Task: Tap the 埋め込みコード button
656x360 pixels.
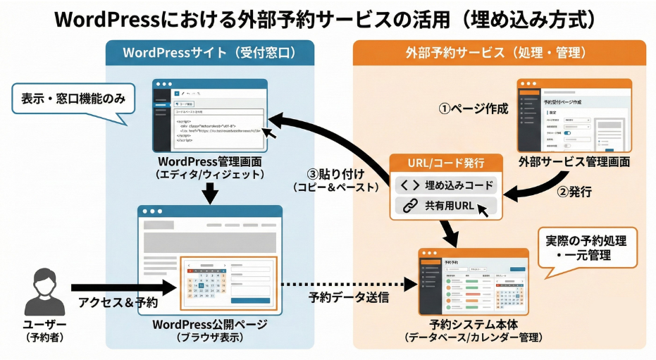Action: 445,185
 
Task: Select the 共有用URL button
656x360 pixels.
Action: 445,206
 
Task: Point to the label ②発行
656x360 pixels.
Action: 576,192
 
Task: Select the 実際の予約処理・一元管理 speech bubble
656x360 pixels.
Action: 587,247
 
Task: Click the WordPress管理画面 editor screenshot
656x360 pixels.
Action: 211,114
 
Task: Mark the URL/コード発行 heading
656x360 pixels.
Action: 446,163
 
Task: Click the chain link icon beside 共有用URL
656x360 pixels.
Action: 409,206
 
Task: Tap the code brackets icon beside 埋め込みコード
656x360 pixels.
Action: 409,185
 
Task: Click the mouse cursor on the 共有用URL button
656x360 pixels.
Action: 483,209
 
